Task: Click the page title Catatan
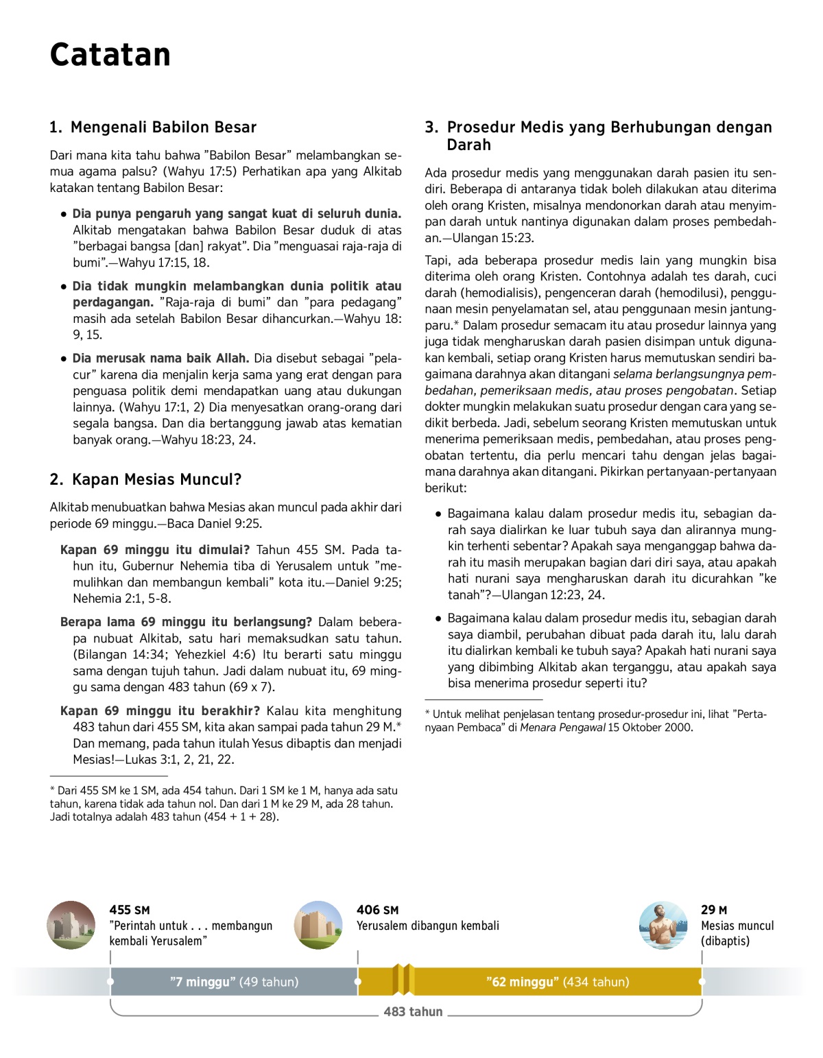[x=110, y=55]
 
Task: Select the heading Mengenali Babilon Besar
[x=163, y=128]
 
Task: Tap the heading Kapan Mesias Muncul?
[x=156, y=480]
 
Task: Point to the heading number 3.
[x=431, y=128]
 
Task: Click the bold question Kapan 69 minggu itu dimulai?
[x=155, y=550]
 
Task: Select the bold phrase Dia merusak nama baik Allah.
[x=160, y=359]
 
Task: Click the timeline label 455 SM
[x=129, y=910]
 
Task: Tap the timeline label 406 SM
[x=377, y=910]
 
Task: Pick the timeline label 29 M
[x=714, y=910]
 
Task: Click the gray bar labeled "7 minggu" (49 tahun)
[x=234, y=982]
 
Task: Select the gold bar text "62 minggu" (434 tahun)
[x=557, y=982]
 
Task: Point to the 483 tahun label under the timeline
[x=413, y=1012]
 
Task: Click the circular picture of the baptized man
[x=663, y=925]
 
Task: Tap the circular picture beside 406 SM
[x=318, y=925]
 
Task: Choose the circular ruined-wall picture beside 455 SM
[x=71, y=925]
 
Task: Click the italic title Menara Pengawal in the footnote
[x=562, y=728]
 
